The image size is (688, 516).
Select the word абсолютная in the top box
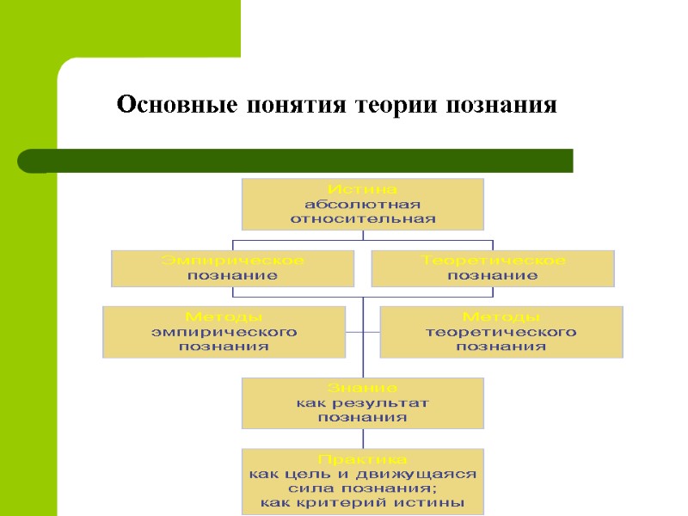point(362,204)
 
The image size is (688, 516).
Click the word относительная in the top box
point(362,218)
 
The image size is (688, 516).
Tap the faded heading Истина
point(362,188)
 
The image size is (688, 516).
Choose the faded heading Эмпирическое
point(232,260)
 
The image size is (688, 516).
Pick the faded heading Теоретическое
point(493,260)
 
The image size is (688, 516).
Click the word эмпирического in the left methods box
point(224,331)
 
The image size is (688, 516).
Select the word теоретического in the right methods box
point(501,331)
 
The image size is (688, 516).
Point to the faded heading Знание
point(362,387)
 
